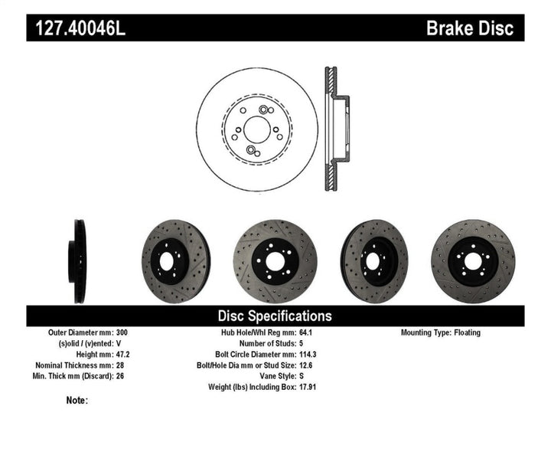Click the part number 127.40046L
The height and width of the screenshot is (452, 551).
click(76, 29)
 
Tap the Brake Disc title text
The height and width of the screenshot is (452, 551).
click(474, 29)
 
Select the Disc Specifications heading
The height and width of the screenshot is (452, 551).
click(275, 316)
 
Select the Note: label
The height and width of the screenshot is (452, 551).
click(77, 400)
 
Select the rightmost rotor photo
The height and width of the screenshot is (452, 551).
click(473, 262)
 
